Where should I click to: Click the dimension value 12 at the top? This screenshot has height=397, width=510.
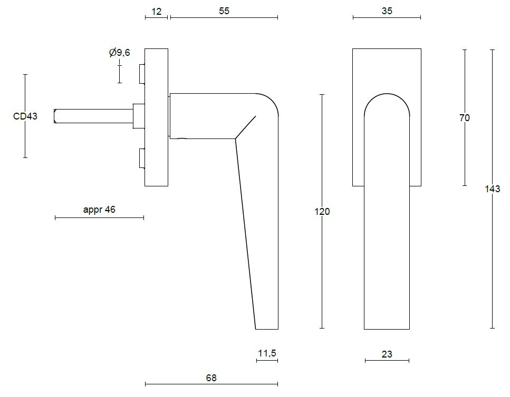coord(157,12)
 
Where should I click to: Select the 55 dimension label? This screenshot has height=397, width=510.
coord(224,11)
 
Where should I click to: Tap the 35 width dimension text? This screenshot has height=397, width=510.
coord(387,11)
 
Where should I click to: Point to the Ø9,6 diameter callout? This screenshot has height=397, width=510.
coord(119,52)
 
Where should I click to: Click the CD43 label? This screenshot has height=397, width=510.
coord(25,116)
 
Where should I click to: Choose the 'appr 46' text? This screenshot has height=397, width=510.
coord(99,210)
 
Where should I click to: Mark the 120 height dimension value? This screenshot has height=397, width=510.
coord(322,212)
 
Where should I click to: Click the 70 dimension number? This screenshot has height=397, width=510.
coord(465,118)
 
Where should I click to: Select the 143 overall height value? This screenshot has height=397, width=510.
coord(493,189)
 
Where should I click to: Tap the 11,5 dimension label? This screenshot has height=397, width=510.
coord(267,353)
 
